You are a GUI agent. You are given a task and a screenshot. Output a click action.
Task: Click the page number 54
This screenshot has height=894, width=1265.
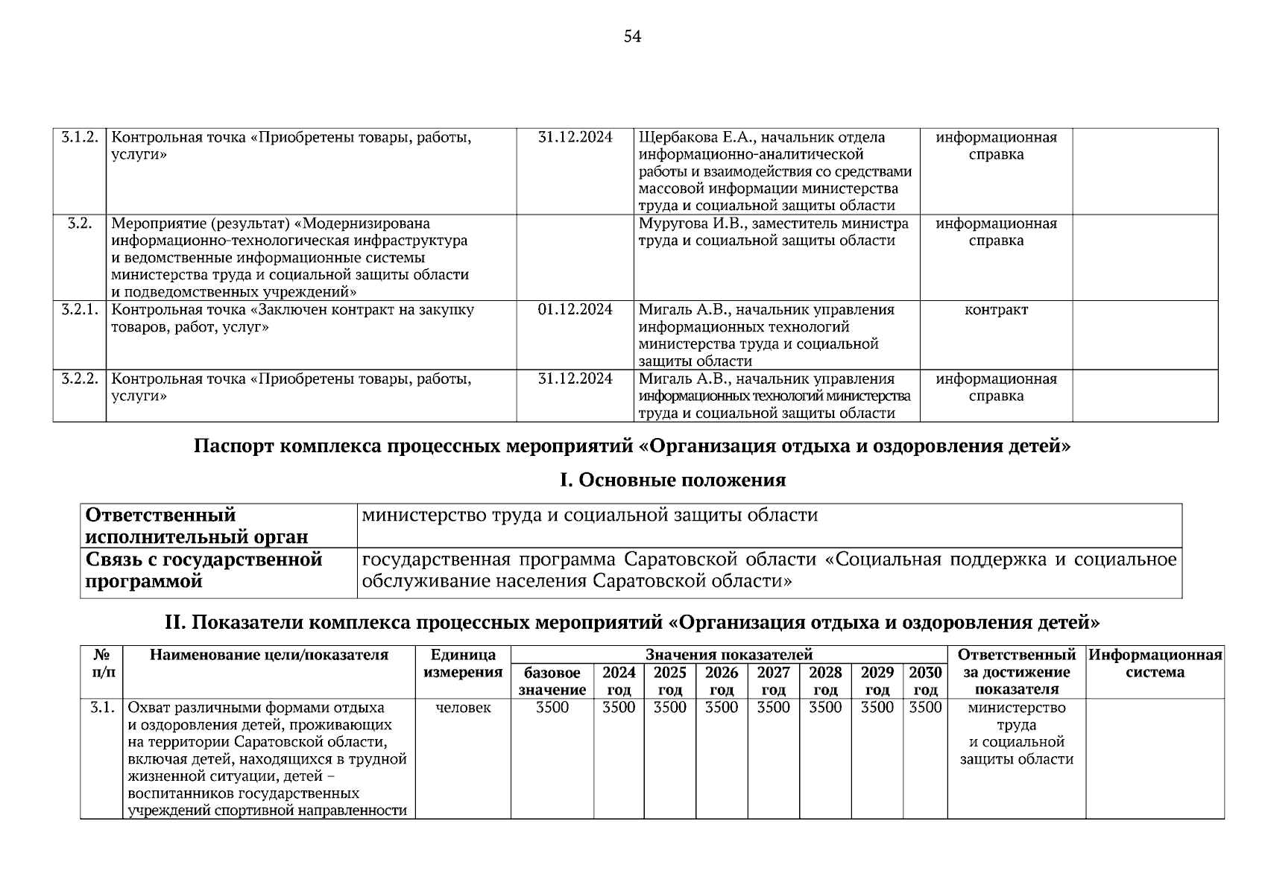point(632,37)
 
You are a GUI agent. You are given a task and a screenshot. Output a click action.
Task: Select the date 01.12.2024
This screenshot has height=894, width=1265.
point(575,310)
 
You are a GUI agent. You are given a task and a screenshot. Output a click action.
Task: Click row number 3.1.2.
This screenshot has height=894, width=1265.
point(79,138)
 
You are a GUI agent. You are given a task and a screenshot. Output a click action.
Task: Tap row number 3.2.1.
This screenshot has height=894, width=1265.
point(79,310)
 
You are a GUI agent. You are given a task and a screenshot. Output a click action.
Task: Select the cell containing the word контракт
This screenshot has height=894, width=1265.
point(996,310)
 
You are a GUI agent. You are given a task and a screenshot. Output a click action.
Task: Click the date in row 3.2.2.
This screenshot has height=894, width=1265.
point(575,379)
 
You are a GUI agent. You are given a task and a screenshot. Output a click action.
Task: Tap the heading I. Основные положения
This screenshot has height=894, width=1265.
point(672,481)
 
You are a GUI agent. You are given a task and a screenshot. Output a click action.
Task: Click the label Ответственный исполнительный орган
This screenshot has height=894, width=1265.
point(197,526)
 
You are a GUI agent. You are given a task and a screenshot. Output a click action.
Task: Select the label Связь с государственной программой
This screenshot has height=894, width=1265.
point(204,570)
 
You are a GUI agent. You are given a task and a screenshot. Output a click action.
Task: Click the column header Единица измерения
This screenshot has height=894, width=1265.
point(463,664)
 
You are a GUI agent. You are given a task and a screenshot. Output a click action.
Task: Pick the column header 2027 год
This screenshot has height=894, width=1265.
point(773,681)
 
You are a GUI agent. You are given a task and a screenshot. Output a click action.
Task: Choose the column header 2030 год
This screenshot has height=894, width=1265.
point(925,681)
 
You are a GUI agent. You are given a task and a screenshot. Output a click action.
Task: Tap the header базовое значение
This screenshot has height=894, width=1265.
point(552,681)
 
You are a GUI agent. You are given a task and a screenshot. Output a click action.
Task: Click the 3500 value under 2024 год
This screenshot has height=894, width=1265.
point(619,708)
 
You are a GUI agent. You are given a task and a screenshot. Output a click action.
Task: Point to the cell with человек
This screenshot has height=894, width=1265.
point(463,708)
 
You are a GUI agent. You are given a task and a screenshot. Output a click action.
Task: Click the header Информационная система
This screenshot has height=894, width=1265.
point(1155,664)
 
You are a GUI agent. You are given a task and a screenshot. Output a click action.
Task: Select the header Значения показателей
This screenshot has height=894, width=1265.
point(728,655)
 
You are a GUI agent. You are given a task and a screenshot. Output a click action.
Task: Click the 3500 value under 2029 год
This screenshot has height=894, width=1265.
point(877,708)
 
